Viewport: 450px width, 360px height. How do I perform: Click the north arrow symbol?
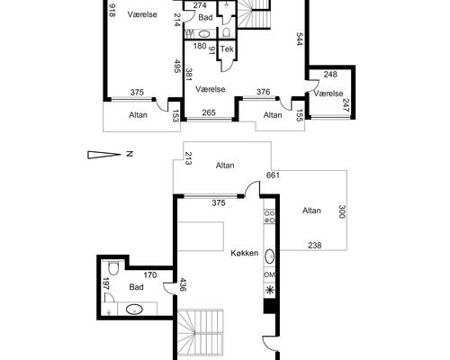click(104, 155)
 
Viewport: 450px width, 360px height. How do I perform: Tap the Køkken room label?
click(245, 253)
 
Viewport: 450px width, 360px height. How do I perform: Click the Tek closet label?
click(227, 49)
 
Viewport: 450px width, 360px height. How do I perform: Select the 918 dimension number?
click(112, 10)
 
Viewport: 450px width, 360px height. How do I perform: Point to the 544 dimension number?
click(300, 39)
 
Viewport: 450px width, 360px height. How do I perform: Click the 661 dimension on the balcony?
click(273, 175)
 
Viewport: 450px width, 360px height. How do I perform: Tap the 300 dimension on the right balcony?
click(342, 211)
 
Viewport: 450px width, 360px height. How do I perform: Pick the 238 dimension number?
click(315, 246)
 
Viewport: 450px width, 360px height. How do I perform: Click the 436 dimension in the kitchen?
click(183, 284)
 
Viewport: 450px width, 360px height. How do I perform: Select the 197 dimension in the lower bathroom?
click(105, 284)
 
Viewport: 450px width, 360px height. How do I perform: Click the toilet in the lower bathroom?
click(113, 268)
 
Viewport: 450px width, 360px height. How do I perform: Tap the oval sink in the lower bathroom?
click(134, 309)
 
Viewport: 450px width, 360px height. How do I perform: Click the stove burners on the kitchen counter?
click(269, 217)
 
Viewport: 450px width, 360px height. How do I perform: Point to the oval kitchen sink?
click(270, 256)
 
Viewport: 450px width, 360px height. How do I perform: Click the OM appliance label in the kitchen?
click(269, 274)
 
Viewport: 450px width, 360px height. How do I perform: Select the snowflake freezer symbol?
click(269, 291)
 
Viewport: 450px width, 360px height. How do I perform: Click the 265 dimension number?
click(209, 112)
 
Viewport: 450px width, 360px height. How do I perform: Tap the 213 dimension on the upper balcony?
click(188, 158)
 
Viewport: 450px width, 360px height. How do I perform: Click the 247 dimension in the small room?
click(346, 105)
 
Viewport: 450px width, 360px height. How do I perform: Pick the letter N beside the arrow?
click(130, 154)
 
